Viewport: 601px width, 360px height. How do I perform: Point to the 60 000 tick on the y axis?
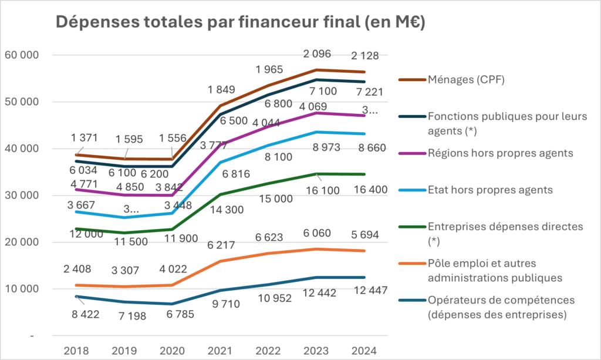click(x=21, y=55)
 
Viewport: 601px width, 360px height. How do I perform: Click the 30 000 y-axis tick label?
click(x=21, y=196)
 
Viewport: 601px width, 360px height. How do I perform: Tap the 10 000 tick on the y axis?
click(x=21, y=289)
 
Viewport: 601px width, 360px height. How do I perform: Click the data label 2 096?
click(x=317, y=54)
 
